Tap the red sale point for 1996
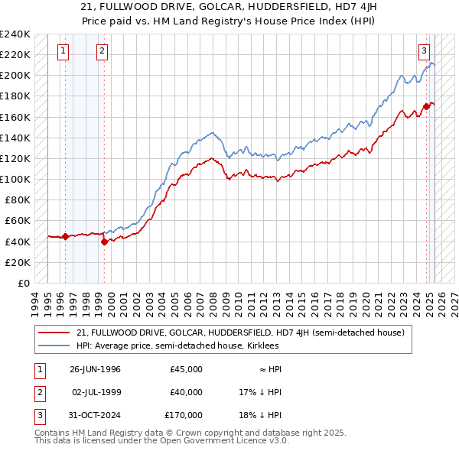point(65,236)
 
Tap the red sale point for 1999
point(104,242)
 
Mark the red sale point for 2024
point(426,106)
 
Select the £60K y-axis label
point(17,221)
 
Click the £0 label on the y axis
point(23,283)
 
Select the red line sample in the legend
point(54,333)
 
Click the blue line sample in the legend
point(54,346)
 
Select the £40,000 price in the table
point(186,392)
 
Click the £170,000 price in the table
point(184,415)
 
